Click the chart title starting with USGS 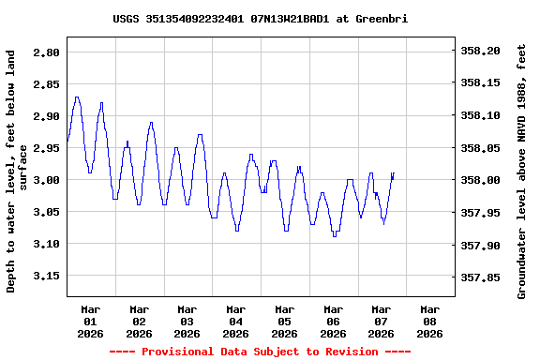260,19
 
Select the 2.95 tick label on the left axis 46,148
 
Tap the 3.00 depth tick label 46,180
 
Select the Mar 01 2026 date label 91,321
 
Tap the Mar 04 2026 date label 235,321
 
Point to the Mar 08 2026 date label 429,321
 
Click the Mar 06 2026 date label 333,321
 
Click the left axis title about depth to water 17,172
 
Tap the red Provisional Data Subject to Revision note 260,352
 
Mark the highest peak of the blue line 77,97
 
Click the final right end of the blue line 394,173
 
